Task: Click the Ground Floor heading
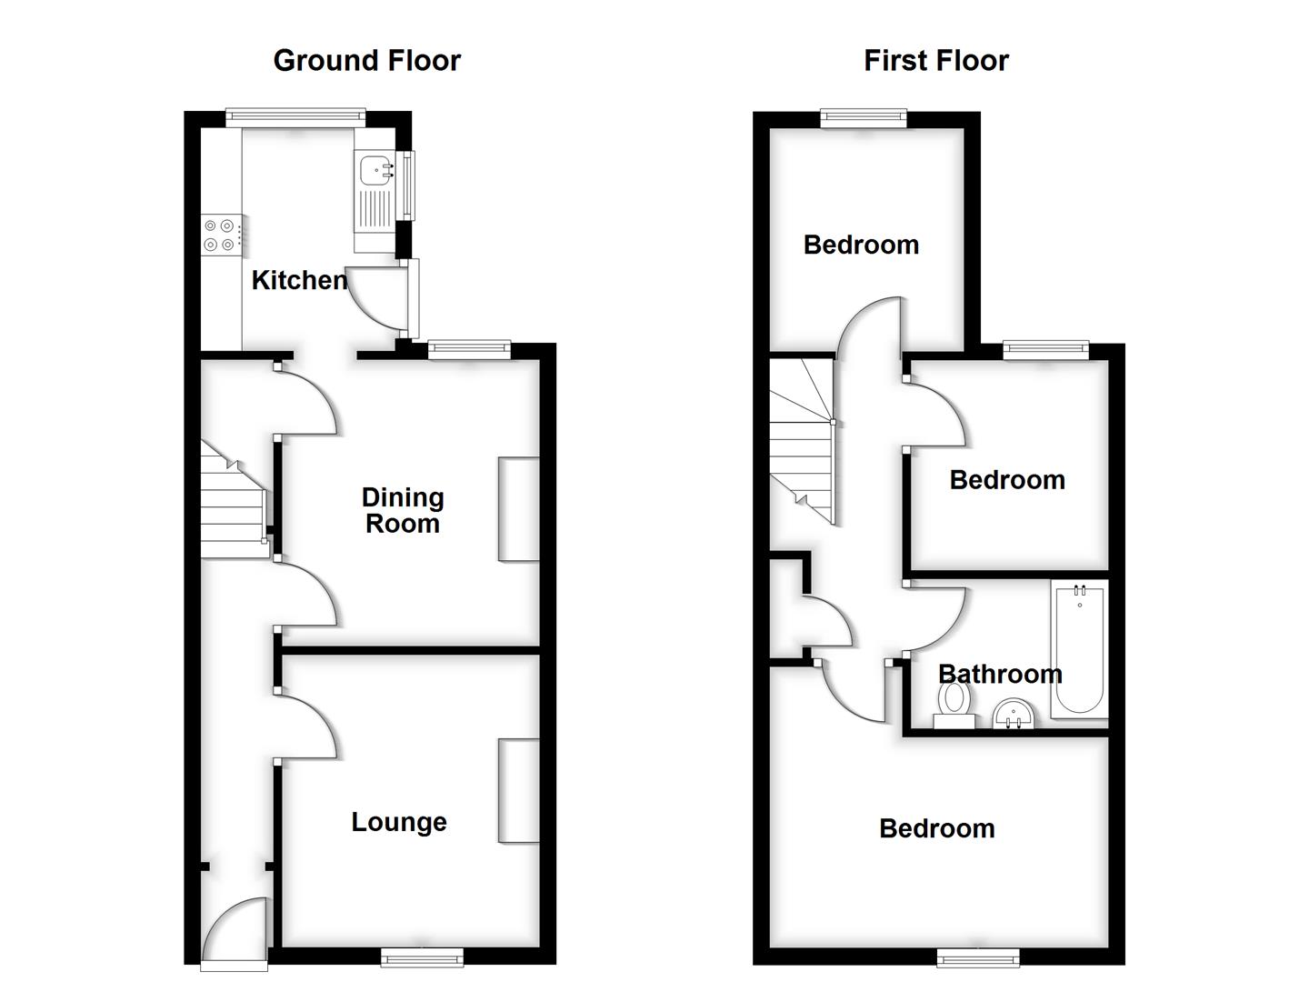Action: pyautogui.click(x=366, y=61)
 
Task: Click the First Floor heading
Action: pyautogui.click(x=935, y=61)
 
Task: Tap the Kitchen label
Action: pyautogui.click(x=299, y=280)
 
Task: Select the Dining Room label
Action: pyautogui.click(x=403, y=510)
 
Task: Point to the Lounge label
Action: pyautogui.click(x=399, y=822)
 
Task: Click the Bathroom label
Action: pyautogui.click(x=1000, y=674)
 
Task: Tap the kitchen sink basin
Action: pyautogui.click(x=374, y=169)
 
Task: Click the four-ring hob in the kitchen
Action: pyautogui.click(x=220, y=235)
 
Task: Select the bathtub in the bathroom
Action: pyautogui.click(x=1079, y=649)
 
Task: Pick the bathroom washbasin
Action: pyautogui.click(x=1013, y=714)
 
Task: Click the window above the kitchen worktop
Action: pyautogui.click(x=295, y=115)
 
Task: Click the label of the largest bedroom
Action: pyautogui.click(x=936, y=828)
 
